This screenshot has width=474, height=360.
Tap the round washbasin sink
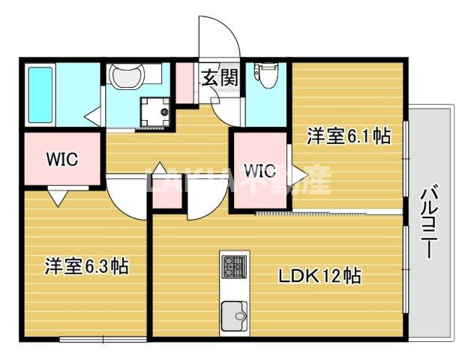(124, 77)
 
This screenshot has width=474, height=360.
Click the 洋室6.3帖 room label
(86, 265)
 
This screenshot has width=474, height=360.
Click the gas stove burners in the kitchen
(233, 266)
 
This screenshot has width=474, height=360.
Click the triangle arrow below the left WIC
(58, 196)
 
